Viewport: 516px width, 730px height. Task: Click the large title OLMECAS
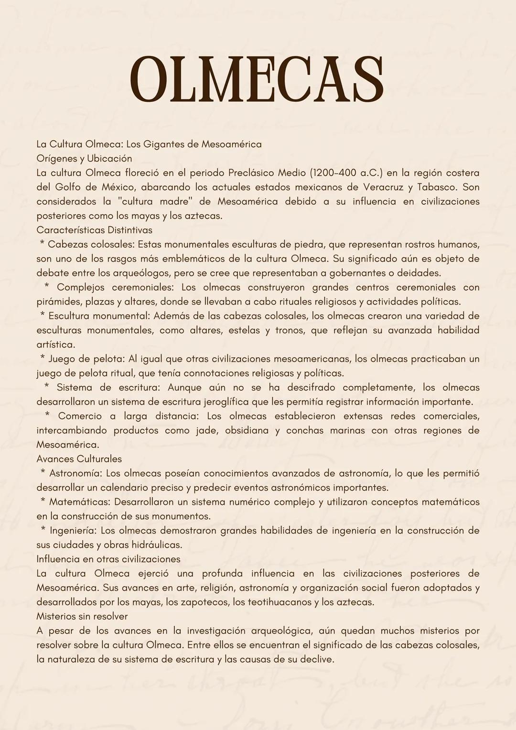point(257,80)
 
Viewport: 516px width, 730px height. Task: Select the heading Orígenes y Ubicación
point(84,159)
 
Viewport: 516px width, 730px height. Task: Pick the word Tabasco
point(436,187)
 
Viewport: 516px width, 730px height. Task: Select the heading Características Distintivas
point(94,230)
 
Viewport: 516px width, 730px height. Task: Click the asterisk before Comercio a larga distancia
point(47,415)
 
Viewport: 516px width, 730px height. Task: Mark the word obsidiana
point(247,431)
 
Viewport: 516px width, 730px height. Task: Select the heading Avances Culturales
point(79,459)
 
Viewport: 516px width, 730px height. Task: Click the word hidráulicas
point(155,545)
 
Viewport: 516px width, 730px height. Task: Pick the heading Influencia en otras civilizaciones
point(108,559)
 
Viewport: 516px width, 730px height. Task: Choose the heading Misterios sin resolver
point(82,617)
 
